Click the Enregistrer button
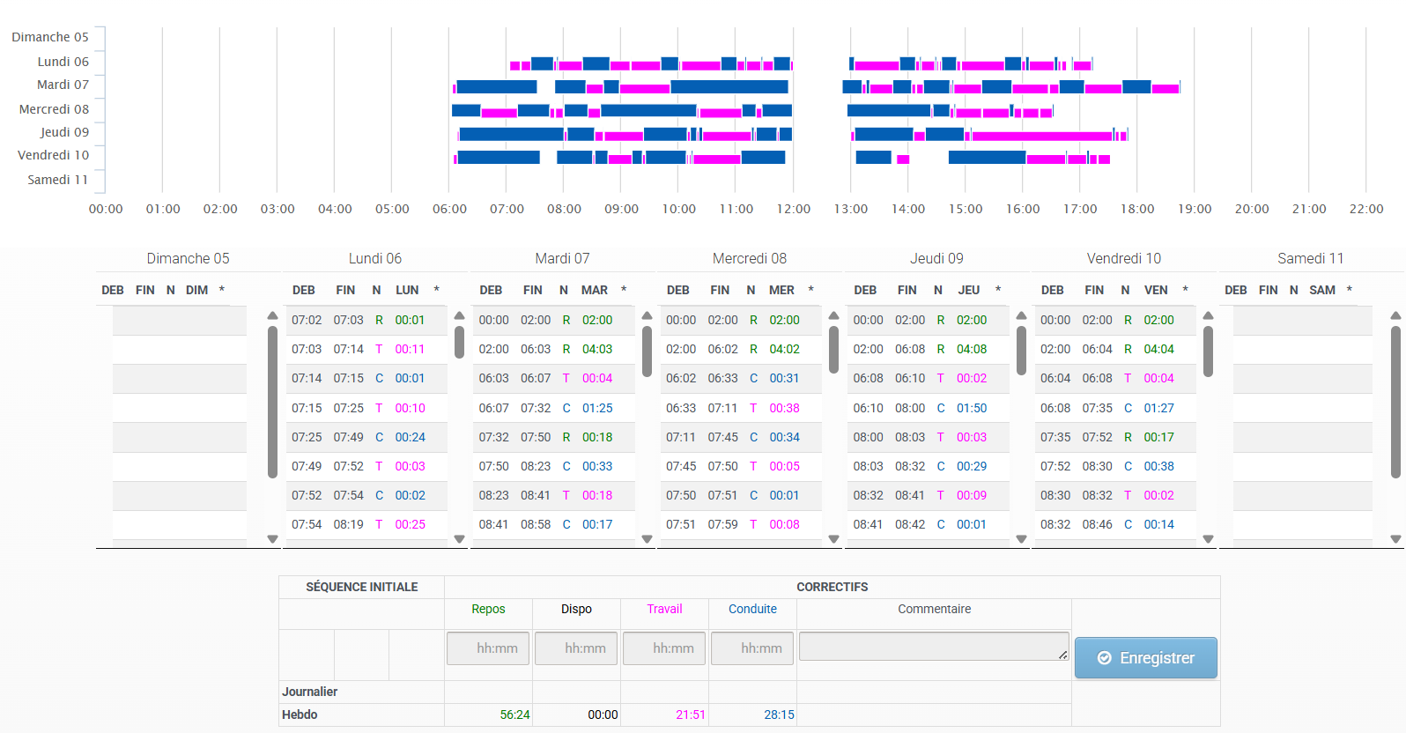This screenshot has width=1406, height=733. pos(1145,658)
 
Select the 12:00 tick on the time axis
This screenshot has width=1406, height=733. pos(794,209)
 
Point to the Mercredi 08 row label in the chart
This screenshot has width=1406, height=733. pos(54,109)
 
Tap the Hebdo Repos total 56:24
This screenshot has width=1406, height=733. pos(514,714)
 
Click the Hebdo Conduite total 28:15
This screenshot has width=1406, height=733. pos(779,714)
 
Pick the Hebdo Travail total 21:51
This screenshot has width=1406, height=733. pos(691,714)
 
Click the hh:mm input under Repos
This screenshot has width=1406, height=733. pos(488,648)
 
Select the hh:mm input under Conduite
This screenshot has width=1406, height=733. pos(752,648)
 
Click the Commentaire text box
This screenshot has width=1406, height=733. pos(934,647)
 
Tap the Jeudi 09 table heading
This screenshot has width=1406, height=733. pos(936,258)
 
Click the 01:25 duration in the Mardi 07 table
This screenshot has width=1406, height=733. pos(597,408)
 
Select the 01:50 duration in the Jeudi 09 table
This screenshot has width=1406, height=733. pos(972,408)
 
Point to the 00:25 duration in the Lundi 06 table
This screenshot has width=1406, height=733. pos(410,525)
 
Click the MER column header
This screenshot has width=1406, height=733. pos(781,290)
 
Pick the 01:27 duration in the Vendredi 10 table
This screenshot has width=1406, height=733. pos(1158,408)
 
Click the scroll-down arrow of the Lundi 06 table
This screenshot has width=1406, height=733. pos(460,539)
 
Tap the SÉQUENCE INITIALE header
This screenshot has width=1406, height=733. pos(361,587)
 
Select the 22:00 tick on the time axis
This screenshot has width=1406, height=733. pos(1366,209)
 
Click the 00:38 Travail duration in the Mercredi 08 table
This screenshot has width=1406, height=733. pos(785,408)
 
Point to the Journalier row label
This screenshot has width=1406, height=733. pos(309,692)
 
